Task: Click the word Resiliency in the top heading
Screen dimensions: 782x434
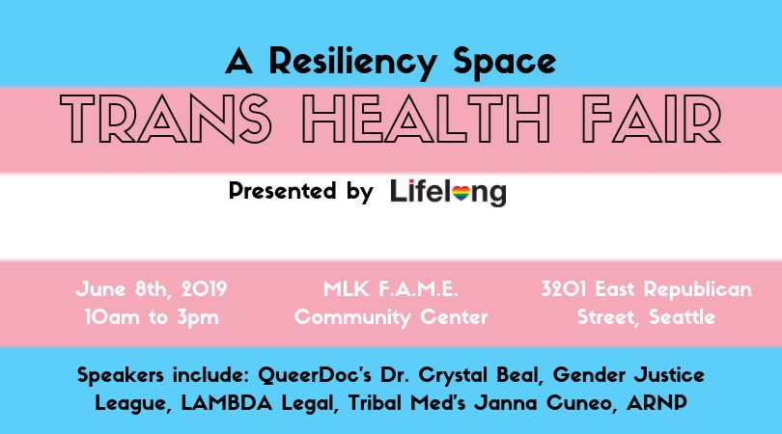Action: (352, 63)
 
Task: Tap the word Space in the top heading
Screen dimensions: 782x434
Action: (504, 62)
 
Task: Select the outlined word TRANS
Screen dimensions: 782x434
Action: (166, 119)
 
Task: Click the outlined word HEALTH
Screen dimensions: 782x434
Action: (427, 119)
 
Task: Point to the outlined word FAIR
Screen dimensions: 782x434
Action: (652, 119)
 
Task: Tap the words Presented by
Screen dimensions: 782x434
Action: (300, 191)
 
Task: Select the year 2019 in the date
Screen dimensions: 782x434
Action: (204, 289)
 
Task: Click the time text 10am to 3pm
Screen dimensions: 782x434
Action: (152, 317)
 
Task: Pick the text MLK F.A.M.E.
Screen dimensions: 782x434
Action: (390, 289)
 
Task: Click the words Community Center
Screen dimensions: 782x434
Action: (391, 317)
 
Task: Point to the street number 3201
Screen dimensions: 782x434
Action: (564, 289)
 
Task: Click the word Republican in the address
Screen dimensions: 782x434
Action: (698, 289)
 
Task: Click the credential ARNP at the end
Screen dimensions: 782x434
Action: (656, 403)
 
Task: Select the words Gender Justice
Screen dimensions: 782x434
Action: (628, 375)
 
